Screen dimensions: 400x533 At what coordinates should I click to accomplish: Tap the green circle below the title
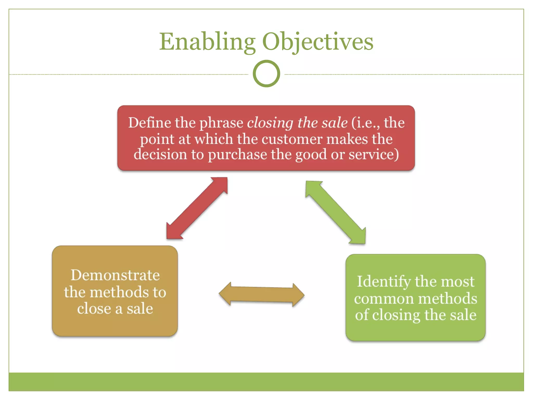(266, 74)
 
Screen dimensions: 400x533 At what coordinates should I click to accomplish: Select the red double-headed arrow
(197, 208)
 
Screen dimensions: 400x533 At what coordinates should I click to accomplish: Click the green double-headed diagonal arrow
(336, 212)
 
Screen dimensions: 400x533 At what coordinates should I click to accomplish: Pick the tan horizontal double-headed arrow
(262, 295)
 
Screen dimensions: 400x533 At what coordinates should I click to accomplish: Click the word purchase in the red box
(237, 155)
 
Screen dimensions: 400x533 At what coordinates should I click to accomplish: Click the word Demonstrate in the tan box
(115, 275)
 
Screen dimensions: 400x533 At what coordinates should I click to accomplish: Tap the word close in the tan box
(94, 309)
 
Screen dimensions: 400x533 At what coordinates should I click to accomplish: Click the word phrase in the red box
(221, 123)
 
